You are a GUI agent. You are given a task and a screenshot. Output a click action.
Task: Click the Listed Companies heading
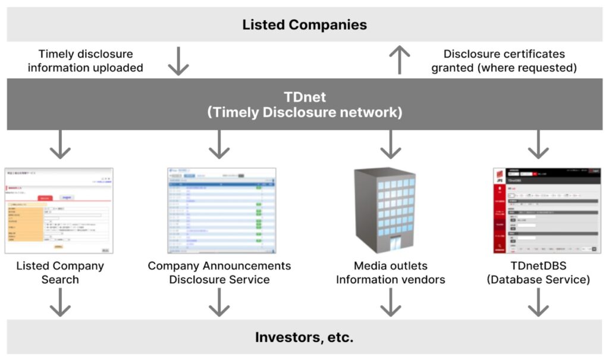[304, 24]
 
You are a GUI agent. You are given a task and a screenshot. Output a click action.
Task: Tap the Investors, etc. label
[304, 337]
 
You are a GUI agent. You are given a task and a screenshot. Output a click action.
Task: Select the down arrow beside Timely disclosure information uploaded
[178, 61]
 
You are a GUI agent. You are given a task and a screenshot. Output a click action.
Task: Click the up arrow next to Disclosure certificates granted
[400, 60]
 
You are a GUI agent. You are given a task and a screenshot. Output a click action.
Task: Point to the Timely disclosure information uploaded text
[85, 61]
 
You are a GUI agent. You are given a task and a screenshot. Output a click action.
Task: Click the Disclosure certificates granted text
[504, 61]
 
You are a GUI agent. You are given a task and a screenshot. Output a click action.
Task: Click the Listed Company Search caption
[59, 273]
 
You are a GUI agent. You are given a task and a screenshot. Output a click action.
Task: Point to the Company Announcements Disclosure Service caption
[219, 273]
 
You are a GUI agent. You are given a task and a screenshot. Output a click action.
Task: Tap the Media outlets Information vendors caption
[391, 273]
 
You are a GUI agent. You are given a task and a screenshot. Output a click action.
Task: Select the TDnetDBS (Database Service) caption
[538, 273]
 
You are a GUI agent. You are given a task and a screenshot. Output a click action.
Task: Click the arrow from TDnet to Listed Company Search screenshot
[59, 145]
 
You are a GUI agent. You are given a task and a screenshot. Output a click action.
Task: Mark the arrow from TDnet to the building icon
[391, 145]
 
